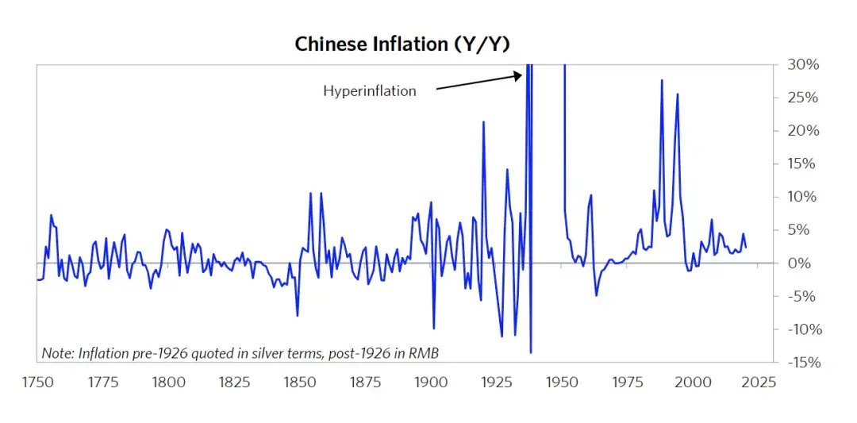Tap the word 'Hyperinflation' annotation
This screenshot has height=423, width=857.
coord(369,90)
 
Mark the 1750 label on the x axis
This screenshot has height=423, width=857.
coord(37,382)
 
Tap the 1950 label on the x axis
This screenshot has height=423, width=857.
coord(562,382)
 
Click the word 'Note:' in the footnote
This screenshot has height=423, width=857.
coord(57,352)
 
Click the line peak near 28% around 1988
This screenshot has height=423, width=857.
coord(662,80)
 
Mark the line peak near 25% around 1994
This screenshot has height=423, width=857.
coord(678,94)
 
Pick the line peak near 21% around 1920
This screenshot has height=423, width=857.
coord(483,121)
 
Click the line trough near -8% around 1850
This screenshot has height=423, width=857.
coord(298,316)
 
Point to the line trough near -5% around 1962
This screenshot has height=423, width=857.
coord(596,295)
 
